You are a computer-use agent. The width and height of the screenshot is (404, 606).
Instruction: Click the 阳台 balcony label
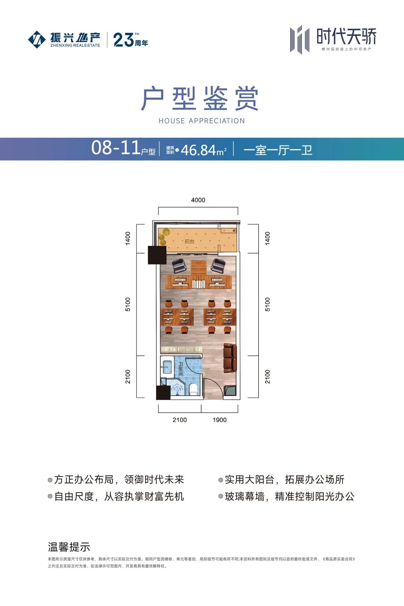point(190,242)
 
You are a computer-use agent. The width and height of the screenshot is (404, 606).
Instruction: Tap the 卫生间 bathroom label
point(181,369)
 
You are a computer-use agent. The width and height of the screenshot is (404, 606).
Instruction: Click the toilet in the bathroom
point(193,389)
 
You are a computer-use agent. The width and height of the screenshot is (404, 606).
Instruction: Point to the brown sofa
point(230,358)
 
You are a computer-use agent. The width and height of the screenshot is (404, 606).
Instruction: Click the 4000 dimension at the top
point(198,200)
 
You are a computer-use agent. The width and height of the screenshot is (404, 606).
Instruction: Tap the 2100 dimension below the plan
point(180,420)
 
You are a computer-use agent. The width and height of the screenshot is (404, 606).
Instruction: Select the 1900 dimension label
point(220,420)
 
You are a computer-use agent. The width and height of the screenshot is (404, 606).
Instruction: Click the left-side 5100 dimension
point(128,304)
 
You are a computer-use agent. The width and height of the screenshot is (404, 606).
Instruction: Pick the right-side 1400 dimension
point(267,238)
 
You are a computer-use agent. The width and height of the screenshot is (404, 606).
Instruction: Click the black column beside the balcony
point(157,255)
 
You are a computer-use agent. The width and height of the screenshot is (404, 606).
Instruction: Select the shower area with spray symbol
point(177,389)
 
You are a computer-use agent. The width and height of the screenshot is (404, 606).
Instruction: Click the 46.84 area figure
point(199,150)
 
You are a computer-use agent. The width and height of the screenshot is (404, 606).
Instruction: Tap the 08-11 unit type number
point(116,148)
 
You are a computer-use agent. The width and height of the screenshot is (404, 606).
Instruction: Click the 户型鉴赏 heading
point(200,99)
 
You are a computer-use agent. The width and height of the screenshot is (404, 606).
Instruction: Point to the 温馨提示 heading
point(69,547)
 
